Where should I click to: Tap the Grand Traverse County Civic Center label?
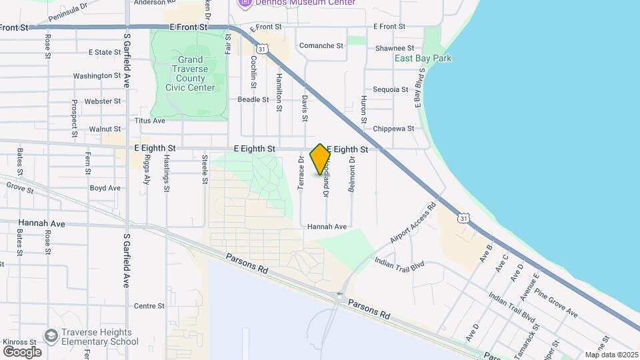coord(191,73)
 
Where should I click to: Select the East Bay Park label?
coord(423,58)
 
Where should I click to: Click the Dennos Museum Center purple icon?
coord(245,3)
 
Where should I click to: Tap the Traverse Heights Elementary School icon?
coord(51,335)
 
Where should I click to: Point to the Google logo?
coord(22,351)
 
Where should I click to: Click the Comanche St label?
coord(321,46)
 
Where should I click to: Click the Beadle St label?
coord(253,99)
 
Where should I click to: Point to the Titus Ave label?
coord(149,121)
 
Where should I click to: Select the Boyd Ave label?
coord(105,188)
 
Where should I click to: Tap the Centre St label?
coord(149,306)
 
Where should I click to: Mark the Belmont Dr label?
coord(352,176)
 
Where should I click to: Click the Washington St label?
coord(97,76)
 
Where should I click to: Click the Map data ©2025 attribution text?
coord(611,355)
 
